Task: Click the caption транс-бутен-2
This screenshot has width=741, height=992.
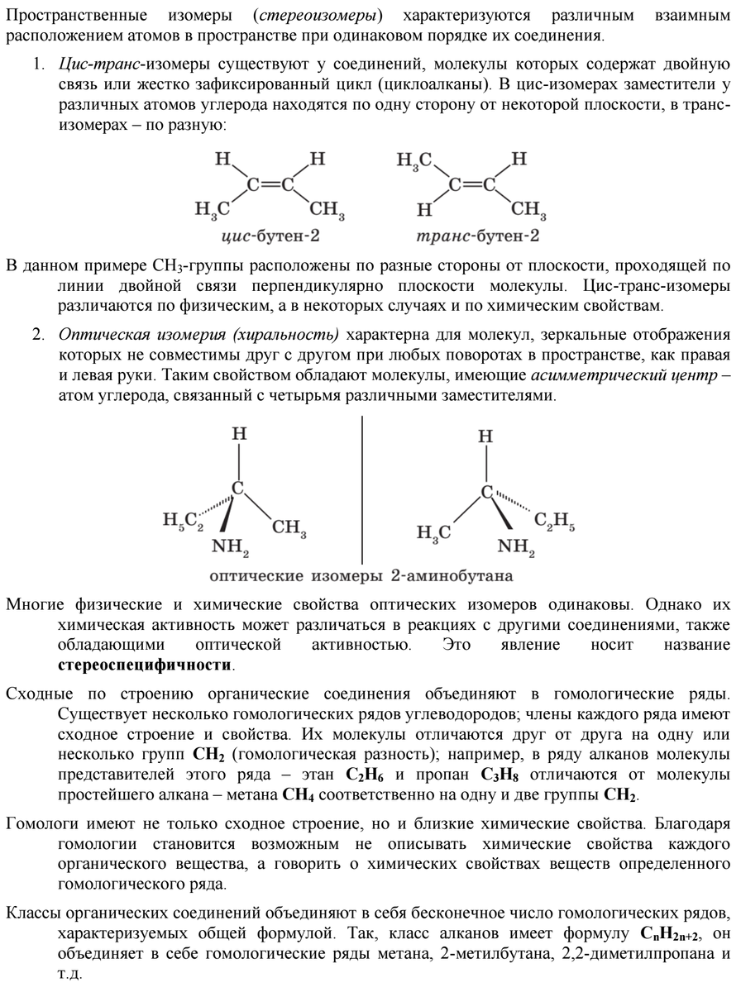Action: pos(477,236)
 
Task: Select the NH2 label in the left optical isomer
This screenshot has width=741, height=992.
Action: pos(231,546)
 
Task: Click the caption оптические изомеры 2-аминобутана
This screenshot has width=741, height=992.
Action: pos(361,574)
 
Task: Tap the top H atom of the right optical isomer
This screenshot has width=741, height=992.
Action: pos(487,436)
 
